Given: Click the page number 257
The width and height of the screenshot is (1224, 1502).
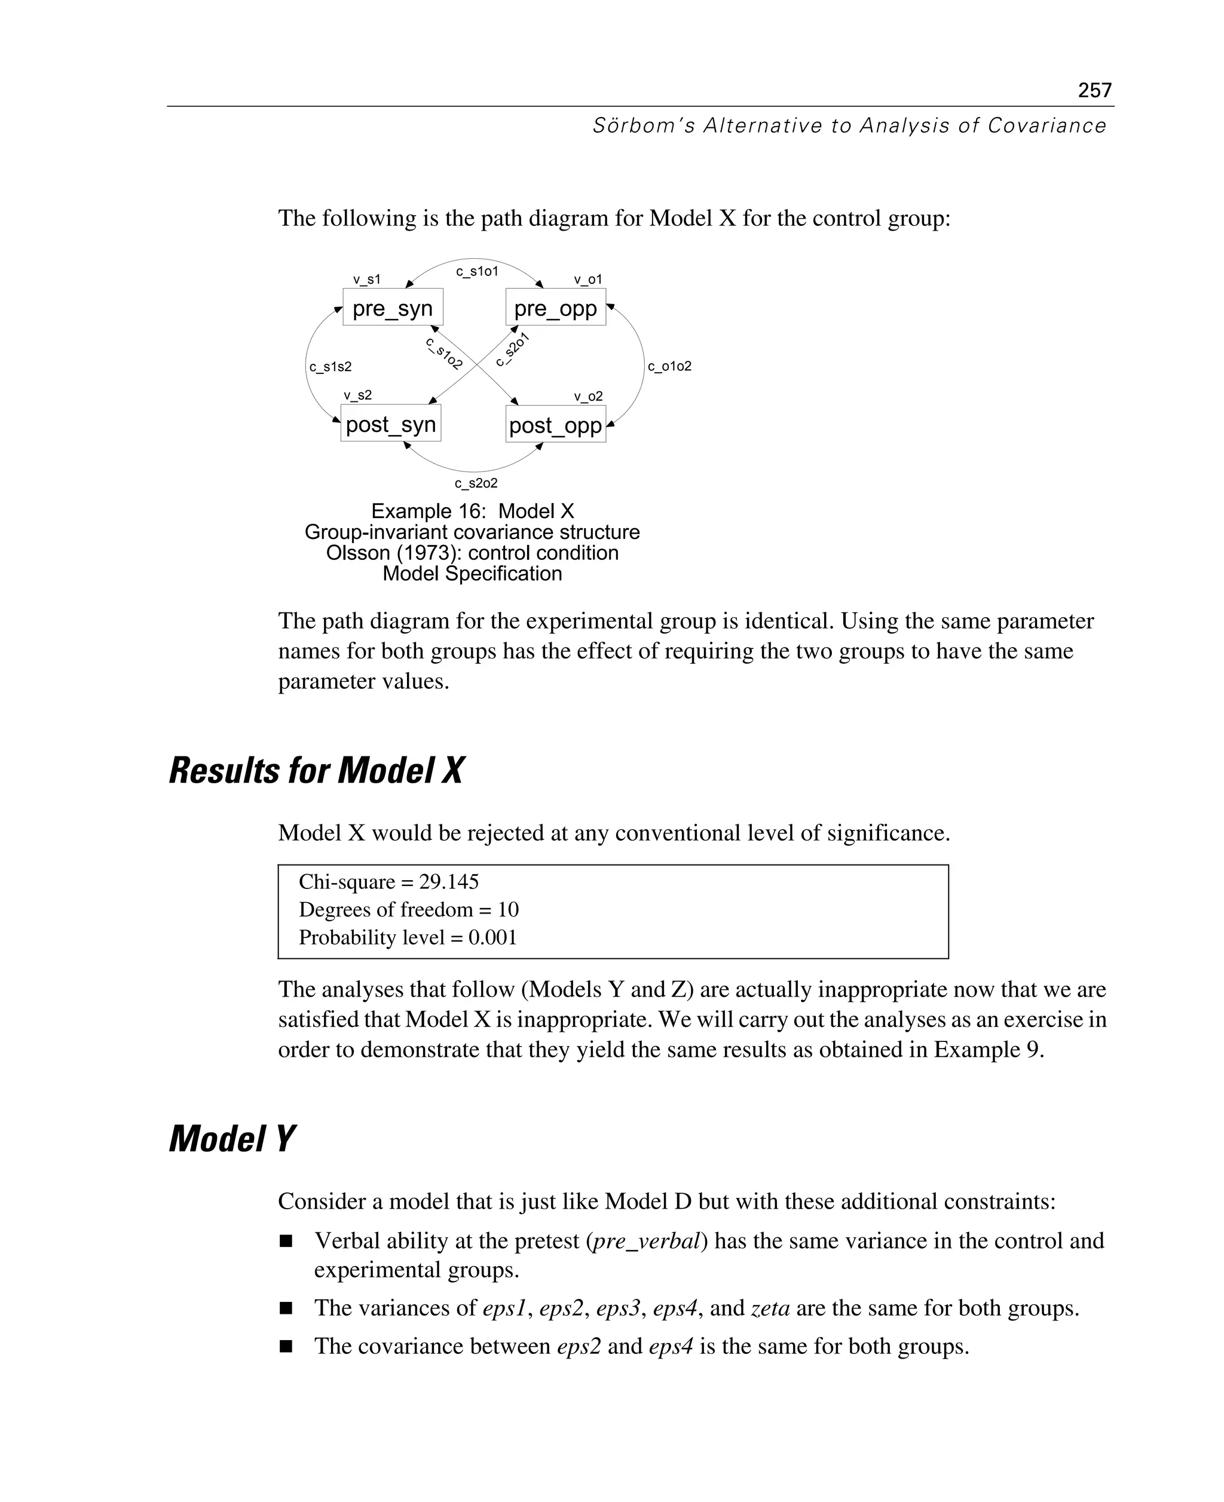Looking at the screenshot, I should click(x=1094, y=90).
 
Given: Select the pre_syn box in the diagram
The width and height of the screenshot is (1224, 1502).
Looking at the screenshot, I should click(x=393, y=307).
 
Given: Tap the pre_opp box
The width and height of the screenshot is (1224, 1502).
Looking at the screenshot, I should click(x=556, y=307).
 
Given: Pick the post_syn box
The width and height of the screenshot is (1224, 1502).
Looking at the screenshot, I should click(x=391, y=424).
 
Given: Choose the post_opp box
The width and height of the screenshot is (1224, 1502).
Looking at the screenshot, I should click(x=556, y=424).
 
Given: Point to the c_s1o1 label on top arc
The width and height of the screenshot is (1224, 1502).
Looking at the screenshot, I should click(x=476, y=271).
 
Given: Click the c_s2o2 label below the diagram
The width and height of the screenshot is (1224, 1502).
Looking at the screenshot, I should click(x=476, y=483).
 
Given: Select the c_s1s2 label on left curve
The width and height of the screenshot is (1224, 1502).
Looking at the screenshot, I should click(x=330, y=366).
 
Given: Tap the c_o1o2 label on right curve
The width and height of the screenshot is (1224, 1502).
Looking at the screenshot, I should click(x=669, y=366).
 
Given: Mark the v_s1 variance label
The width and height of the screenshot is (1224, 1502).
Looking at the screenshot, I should click(x=366, y=279).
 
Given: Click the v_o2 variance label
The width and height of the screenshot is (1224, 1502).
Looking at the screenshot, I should click(x=588, y=396).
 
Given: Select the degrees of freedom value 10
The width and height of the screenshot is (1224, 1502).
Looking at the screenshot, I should click(x=507, y=909).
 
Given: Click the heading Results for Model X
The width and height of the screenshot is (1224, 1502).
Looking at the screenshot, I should click(x=316, y=770).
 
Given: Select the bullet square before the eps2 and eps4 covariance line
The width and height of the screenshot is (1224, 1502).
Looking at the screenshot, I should click(x=286, y=1346).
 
